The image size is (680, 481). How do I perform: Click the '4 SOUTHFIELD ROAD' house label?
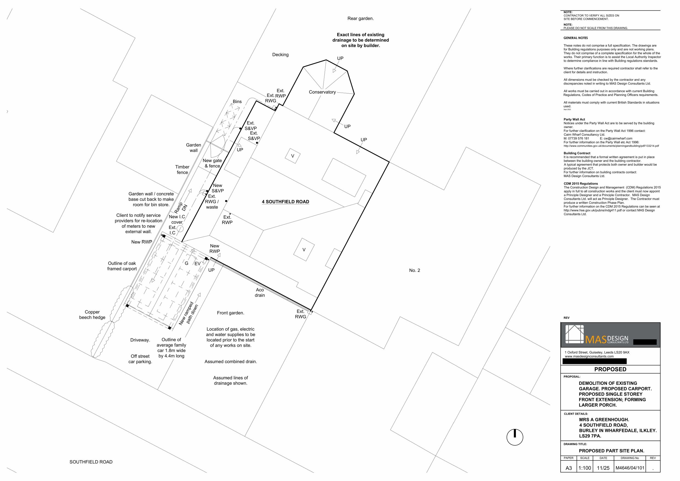point(285,202)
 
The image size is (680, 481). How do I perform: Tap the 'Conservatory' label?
point(322,92)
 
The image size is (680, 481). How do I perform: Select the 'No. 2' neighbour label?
point(414,270)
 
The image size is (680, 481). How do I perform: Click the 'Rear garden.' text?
point(361,19)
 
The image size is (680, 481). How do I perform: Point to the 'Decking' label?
point(280,55)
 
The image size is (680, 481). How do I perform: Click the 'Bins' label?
point(237,102)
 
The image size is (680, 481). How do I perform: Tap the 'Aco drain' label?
point(260,292)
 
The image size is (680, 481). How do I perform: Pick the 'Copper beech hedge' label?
point(92,315)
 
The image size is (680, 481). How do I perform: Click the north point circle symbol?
point(515,437)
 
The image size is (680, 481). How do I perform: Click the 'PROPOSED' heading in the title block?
point(610,369)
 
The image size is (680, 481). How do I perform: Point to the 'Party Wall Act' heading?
point(574,119)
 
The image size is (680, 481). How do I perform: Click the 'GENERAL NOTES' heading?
point(575,38)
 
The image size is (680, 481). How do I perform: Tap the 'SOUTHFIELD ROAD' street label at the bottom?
point(91,462)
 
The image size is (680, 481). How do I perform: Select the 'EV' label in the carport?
point(198,263)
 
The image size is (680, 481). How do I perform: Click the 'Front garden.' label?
point(230,313)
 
